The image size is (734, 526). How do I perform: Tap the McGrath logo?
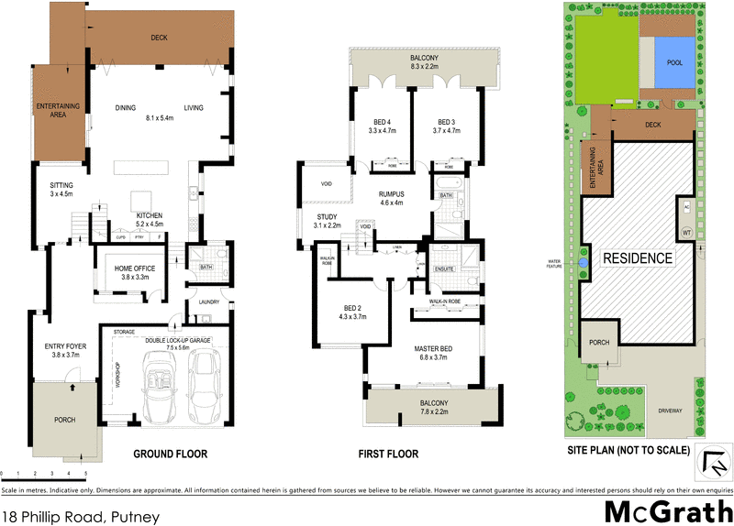click(669, 510)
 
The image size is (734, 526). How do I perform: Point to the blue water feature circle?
click(584, 263)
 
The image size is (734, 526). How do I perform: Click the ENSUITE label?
click(444, 269)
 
